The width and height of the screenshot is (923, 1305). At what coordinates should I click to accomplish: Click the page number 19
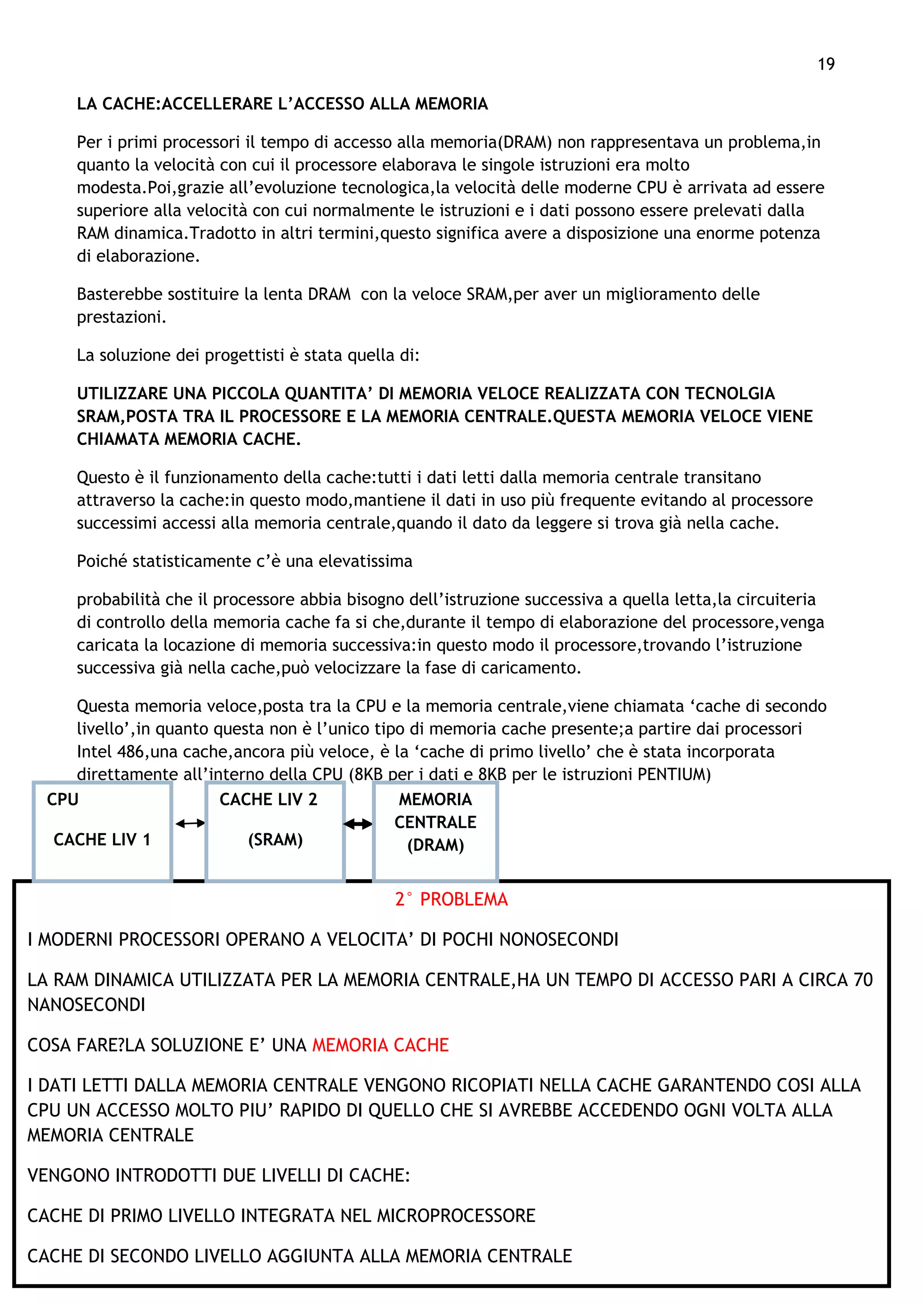pyautogui.click(x=826, y=64)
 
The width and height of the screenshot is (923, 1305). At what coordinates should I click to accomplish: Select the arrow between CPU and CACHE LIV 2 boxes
pyautogui.click(x=190, y=824)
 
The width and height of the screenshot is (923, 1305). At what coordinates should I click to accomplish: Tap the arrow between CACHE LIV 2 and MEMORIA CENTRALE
pyautogui.click(x=358, y=824)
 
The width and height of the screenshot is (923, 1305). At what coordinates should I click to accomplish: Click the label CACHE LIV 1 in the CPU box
pyautogui.click(x=102, y=840)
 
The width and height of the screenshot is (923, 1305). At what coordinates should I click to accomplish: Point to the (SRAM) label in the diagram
pyautogui.click(x=275, y=840)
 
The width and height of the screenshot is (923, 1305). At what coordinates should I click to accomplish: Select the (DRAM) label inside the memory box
pyautogui.click(x=435, y=845)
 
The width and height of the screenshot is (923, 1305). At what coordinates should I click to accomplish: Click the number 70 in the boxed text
pyautogui.click(x=863, y=980)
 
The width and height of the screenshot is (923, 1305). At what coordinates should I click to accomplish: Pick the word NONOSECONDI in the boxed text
pyautogui.click(x=559, y=940)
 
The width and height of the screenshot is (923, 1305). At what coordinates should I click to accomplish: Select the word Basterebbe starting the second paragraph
pyautogui.click(x=118, y=294)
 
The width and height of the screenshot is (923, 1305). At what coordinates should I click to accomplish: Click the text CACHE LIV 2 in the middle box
pyautogui.click(x=268, y=800)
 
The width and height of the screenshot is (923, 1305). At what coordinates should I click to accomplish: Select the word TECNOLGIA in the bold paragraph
pyautogui.click(x=730, y=393)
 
